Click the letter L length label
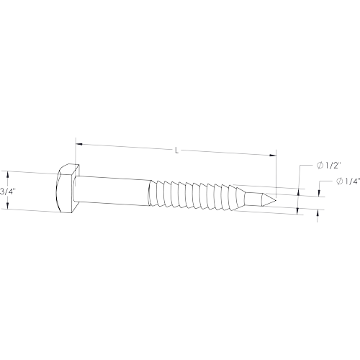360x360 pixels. coord(177,151)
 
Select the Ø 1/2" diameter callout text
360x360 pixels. coord(329,166)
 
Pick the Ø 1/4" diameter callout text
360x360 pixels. coord(348,181)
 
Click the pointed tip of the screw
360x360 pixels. coord(276,200)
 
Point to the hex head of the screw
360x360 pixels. coord(68,188)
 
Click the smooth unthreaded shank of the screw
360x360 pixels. coord(112,191)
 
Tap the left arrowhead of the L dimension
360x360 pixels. coord(79,144)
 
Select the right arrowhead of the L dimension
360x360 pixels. coord(273,156)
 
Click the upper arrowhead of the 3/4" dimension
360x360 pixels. coord(8,174)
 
